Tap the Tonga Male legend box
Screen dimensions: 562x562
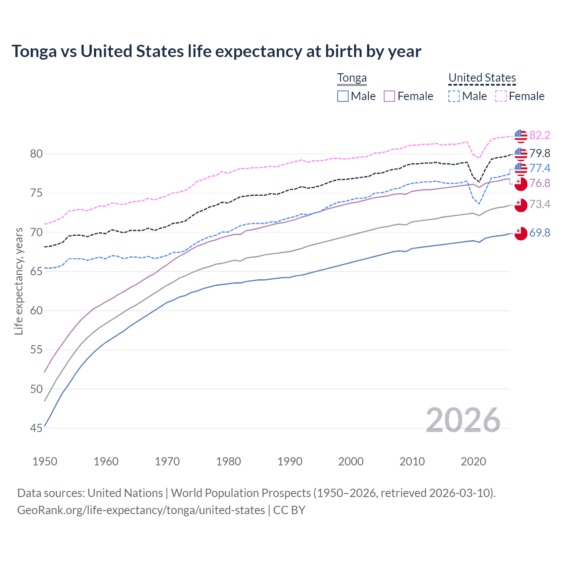343,96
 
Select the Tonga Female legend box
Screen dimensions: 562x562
390,96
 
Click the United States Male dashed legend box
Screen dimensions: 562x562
454,96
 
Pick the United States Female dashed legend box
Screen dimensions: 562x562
501,96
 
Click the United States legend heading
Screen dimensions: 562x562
482,78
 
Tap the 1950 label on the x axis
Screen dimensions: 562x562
45,461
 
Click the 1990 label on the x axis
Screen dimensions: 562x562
290,461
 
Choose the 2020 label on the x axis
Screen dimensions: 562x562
473,461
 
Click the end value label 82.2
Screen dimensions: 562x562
540,135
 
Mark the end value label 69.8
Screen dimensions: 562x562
540,233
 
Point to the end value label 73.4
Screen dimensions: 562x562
540,204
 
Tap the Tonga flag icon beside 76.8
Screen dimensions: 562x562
521,184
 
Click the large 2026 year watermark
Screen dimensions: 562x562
463,420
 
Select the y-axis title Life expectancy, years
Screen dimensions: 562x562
18,281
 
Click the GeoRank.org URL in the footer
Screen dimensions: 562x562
140,510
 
